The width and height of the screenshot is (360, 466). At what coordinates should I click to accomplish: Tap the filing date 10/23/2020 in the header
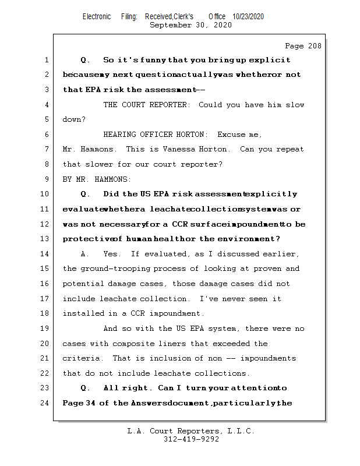point(248,17)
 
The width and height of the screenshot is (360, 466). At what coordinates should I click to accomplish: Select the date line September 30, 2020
point(190,25)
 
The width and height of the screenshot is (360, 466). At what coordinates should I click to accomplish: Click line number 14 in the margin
point(45,254)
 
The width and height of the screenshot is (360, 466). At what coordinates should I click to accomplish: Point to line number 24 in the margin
point(45,403)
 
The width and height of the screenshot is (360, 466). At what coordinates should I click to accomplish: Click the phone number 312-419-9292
point(191,440)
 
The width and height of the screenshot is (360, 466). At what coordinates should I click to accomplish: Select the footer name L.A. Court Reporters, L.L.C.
point(190,432)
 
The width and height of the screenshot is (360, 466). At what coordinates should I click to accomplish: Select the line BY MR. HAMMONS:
point(97,179)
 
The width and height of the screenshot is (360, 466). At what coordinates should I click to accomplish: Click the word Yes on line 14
point(111,254)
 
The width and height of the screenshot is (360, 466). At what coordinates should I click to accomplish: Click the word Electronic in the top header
point(97,17)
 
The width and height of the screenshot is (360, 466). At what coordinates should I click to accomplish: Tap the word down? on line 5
point(75,119)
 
